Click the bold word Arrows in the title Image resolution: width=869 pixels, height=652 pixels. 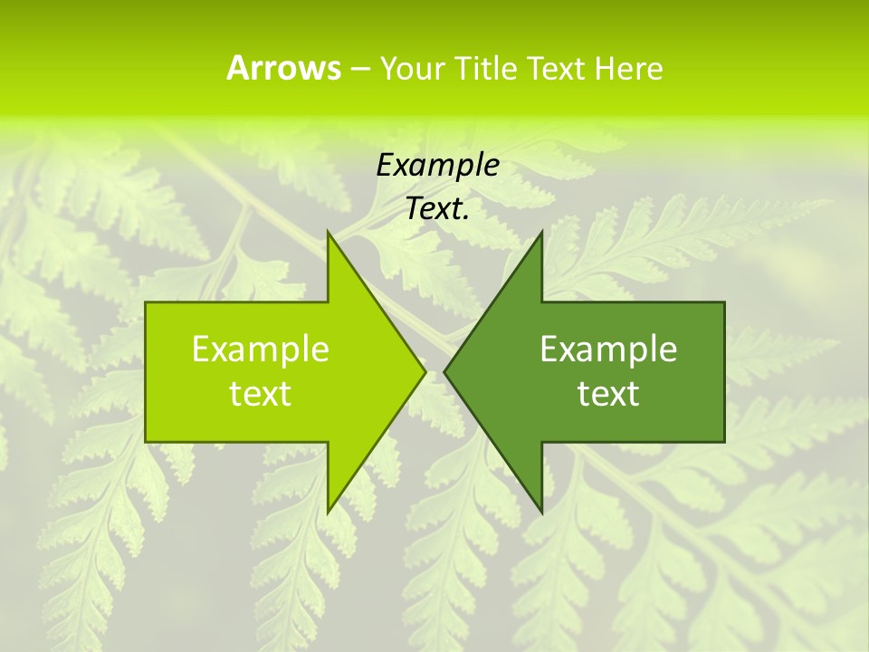coord(283,68)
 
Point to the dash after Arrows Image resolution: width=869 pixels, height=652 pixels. coord(359,69)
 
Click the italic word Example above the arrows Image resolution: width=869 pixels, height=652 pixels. coord(438,166)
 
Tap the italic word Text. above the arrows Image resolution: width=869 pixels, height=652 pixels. coord(438,209)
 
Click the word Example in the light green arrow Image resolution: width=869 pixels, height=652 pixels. coord(261,349)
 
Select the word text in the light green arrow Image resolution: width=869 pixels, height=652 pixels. coord(261,394)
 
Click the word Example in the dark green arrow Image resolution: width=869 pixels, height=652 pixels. coord(608,349)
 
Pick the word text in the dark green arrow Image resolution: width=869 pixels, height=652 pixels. coord(608,394)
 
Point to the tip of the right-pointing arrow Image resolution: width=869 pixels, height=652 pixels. coord(425,371)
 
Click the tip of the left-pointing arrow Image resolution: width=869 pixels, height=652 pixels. coord(444,371)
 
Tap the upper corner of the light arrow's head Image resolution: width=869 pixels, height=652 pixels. coord(329,232)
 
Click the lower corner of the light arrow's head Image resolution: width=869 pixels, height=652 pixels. coord(329,513)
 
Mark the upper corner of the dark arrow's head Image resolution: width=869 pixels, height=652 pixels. coord(541,232)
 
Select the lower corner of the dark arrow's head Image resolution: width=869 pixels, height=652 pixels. coord(541,513)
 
